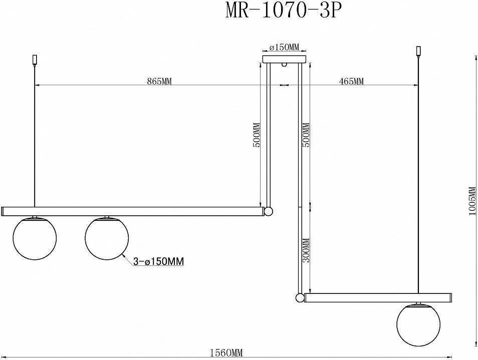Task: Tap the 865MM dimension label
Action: point(159,82)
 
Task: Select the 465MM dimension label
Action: point(351,82)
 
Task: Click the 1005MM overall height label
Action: point(472,201)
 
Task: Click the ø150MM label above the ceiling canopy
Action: point(284,48)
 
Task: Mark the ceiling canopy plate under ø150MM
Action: point(284,59)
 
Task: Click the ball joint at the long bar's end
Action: point(269,211)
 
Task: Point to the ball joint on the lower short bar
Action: point(300,298)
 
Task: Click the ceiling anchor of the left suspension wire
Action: point(34,59)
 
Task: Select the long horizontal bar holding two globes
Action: point(133,211)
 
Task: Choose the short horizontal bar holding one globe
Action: point(378,298)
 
